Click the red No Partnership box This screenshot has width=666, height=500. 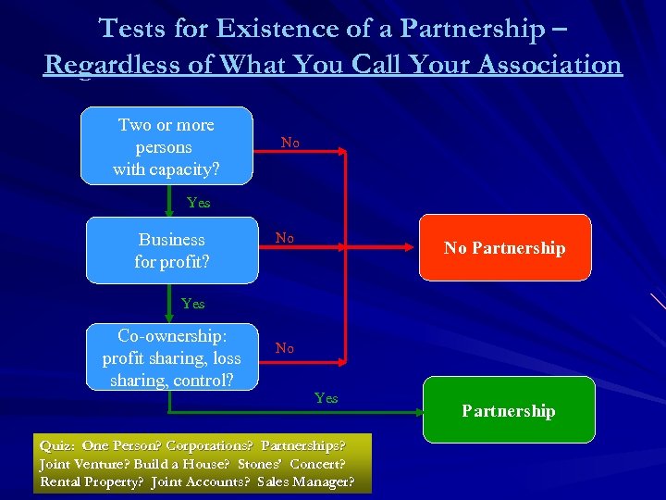pos(504,247)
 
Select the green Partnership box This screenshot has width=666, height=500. pos(508,410)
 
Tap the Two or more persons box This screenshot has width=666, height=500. pos(166,146)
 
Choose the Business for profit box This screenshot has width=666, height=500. pos(172,250)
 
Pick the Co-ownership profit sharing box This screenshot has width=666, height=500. pos(172,356)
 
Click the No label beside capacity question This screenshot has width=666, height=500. pos(290,143)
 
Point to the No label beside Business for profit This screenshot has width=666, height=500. pos(285,238)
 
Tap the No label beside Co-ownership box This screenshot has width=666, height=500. pos(285,348)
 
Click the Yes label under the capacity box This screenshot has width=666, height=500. pos(198,203)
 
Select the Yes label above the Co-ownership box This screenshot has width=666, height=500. pos(193,304)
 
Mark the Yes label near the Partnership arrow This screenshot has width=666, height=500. pos(326,398)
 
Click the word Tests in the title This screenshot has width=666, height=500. pos(131,29)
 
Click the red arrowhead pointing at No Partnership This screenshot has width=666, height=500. pos(413,248)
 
